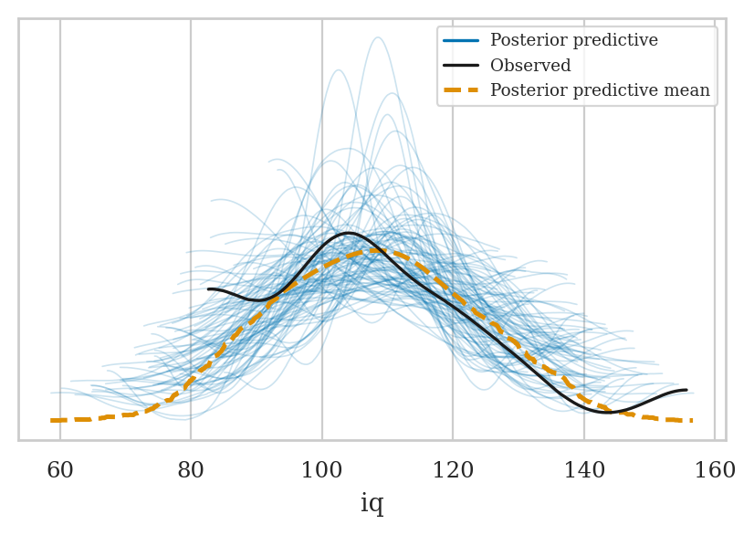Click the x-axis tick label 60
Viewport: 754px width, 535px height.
(x=60, y=471)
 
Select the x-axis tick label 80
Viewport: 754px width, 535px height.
(x=191, y=471)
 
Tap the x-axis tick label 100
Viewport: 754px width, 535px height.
(x=322, y=471)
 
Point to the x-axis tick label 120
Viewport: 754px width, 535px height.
(x=453, y=471)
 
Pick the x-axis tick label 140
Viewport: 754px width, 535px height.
(x=584, y=471)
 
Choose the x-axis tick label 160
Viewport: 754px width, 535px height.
(x=715, y=471)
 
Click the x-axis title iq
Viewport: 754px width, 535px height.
(x=372, y=504)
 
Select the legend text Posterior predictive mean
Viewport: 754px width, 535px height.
(x=600, y=90)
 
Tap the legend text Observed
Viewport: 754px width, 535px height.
(x=530, y=66)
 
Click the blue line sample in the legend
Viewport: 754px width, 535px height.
(x=462, y=41)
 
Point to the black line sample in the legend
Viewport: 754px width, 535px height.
(x=462, y=66)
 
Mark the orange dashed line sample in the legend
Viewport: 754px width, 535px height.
(x=462, y=90)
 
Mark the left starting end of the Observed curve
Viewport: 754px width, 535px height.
(x=209, y=289)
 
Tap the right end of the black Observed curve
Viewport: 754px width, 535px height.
(x=686, y=391)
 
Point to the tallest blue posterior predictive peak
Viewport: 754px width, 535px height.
(x=377, y=37)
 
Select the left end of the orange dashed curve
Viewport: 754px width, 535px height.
(x=52, y=421)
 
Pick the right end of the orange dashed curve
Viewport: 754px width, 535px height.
(x=692, y=421)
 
